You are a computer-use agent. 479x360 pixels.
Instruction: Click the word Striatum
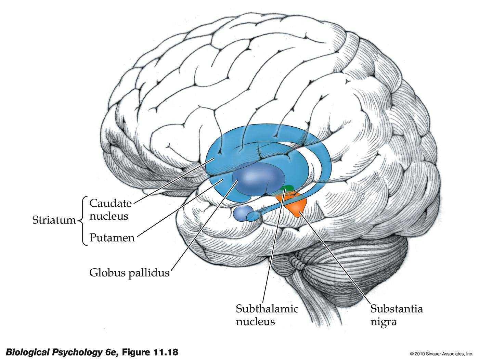[54, 220]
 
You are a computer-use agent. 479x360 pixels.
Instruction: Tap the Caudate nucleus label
[110, 209]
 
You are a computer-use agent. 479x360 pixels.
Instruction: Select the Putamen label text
[112, 238]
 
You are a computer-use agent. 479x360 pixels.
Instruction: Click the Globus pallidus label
[129, 273]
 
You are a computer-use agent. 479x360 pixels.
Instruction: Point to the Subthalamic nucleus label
[267, 315]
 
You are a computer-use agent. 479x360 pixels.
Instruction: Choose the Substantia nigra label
[397, 315]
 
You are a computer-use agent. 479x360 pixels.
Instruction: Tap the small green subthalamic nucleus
[287, 188]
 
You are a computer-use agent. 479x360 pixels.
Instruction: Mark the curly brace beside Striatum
[81, 221]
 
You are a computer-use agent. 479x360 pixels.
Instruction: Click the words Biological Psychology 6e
[62, 352]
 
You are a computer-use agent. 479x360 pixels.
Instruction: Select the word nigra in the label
[384, 322]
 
